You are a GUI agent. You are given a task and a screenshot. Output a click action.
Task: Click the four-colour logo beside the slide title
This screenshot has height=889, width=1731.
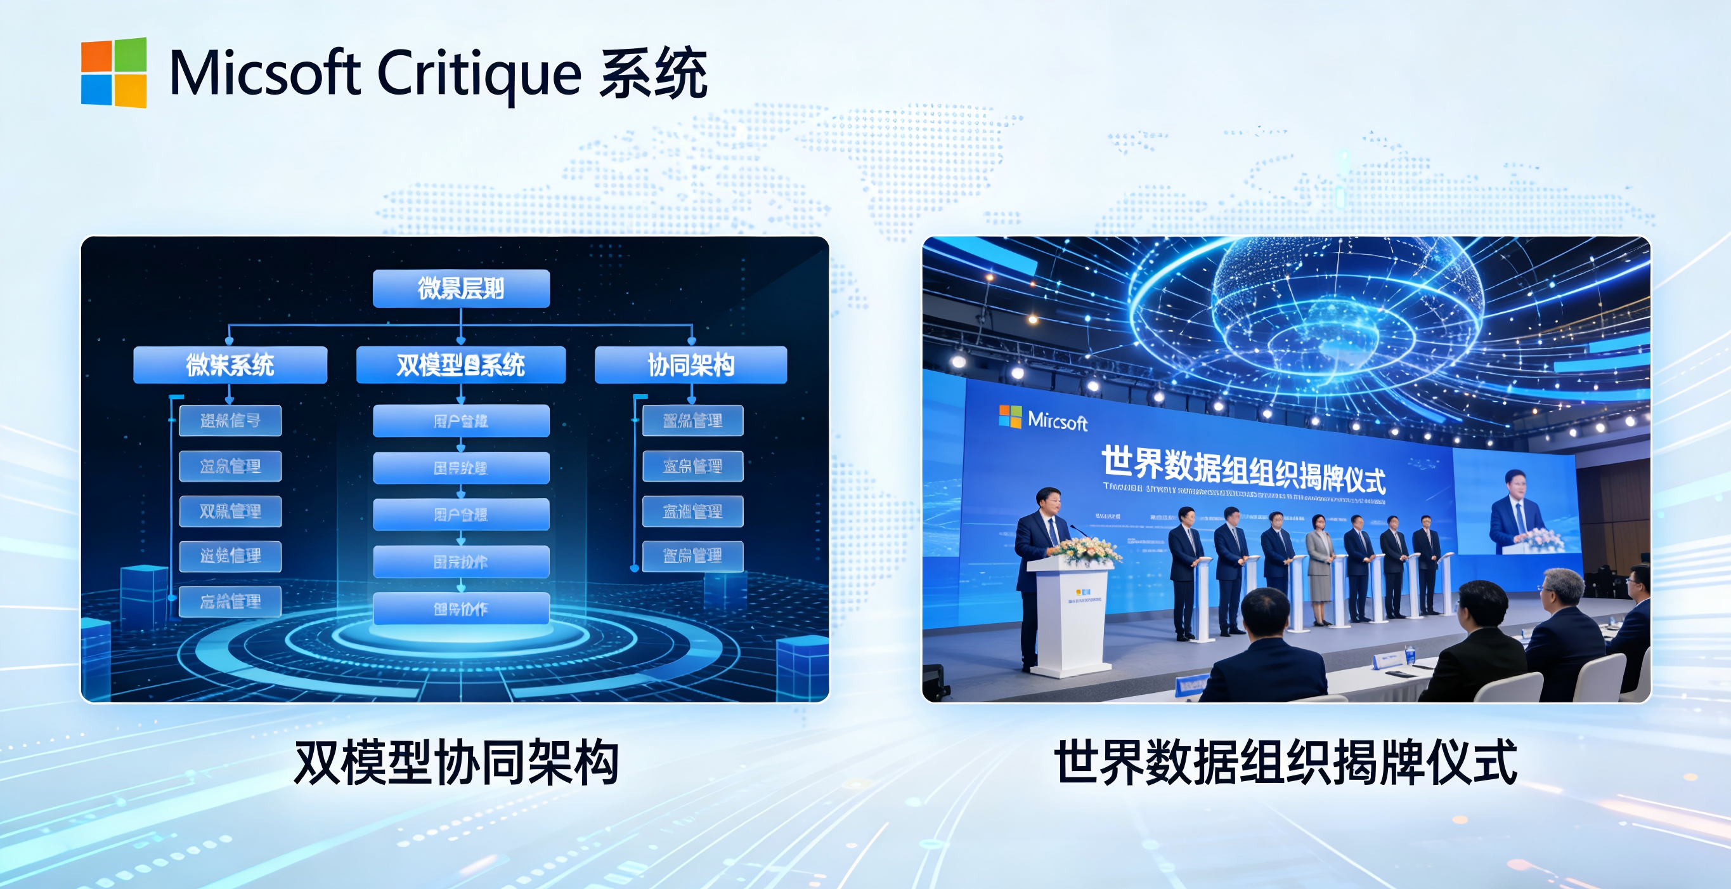[x=113, y=72]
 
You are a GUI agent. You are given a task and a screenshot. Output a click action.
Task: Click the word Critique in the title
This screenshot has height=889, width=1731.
[x=479, y=74]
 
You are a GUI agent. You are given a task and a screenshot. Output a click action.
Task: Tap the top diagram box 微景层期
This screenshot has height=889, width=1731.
[x=461, y=289]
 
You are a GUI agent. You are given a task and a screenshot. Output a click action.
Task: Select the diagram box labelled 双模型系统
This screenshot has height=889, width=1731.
[x=461, y=365]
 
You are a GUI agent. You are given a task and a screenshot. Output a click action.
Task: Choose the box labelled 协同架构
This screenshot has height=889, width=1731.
[x=690, y=365]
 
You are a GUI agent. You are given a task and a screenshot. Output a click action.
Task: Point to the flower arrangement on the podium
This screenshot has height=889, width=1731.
[x=1084, y=550]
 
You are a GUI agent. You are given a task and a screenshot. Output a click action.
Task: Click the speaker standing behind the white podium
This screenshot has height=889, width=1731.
[x=1042, y=538]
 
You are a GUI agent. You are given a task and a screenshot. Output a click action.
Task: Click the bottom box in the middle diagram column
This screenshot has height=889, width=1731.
[x=461, y=609]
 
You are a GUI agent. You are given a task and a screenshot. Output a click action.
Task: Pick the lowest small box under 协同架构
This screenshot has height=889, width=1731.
[x=692, y=556]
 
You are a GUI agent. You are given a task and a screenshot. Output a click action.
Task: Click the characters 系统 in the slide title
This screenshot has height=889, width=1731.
[x=652, y=74]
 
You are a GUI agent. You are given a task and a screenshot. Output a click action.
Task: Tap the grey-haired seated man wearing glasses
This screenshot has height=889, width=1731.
[x=1562, y=619]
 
